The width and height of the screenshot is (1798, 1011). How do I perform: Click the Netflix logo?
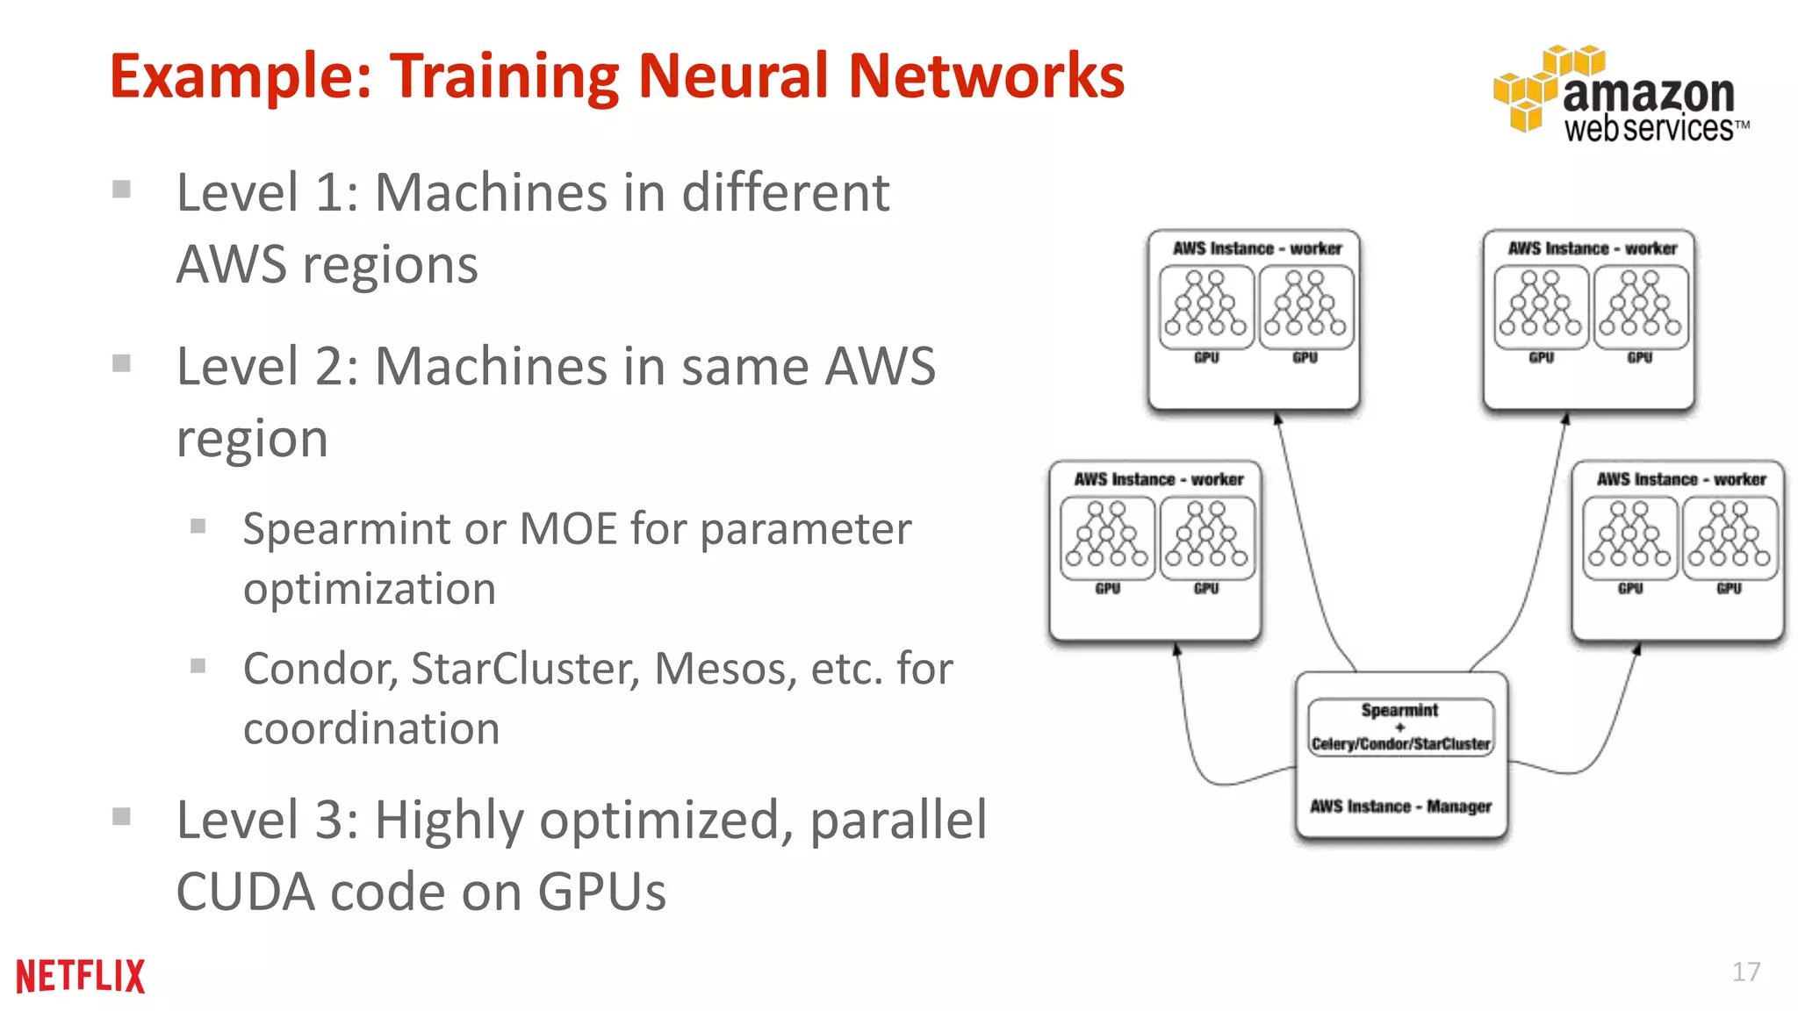click(x=80, y=976)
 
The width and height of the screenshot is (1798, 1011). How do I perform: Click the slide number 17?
click(x=1745, y=972)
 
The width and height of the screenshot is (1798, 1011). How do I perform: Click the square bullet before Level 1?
click(x=122, y=190)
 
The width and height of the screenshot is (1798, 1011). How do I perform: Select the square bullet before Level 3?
click(x=122, y=817)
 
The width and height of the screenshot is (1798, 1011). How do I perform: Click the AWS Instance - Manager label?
click(x=1400, y=806)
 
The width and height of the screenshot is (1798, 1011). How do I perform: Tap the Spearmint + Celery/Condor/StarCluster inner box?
click(x=1400, y=727)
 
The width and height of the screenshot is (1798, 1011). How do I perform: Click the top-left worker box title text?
click(x=1256, y=248)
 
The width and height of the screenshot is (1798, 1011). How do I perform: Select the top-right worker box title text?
click(x=1592, y=248)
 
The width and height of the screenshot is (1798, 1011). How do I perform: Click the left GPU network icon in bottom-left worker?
click(x=1107, y=536)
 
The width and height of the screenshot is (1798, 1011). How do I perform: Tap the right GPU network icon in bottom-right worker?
click(x=1730, y=536)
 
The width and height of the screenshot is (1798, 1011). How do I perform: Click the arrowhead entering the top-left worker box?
click(x=1278, y=419)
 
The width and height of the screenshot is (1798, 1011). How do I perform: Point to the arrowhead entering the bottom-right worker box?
click(x=1637, y=649)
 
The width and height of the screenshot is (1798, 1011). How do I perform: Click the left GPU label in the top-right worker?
click(x=1541, y=358)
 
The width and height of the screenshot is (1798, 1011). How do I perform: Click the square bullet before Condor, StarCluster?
click(x=198, y=666)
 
